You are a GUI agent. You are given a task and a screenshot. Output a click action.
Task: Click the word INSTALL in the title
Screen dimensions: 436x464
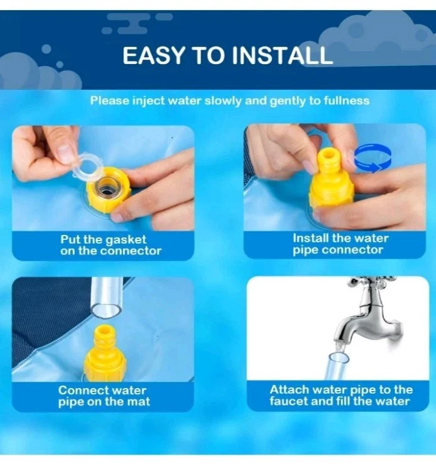282,55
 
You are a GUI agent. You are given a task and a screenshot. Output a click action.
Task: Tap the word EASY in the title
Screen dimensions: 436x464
154,55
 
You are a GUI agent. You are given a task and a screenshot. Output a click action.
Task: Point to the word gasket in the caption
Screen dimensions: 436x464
126,240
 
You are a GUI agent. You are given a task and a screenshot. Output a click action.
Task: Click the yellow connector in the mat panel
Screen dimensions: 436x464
104,353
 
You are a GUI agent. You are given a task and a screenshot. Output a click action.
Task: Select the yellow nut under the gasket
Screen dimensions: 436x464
108,190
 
